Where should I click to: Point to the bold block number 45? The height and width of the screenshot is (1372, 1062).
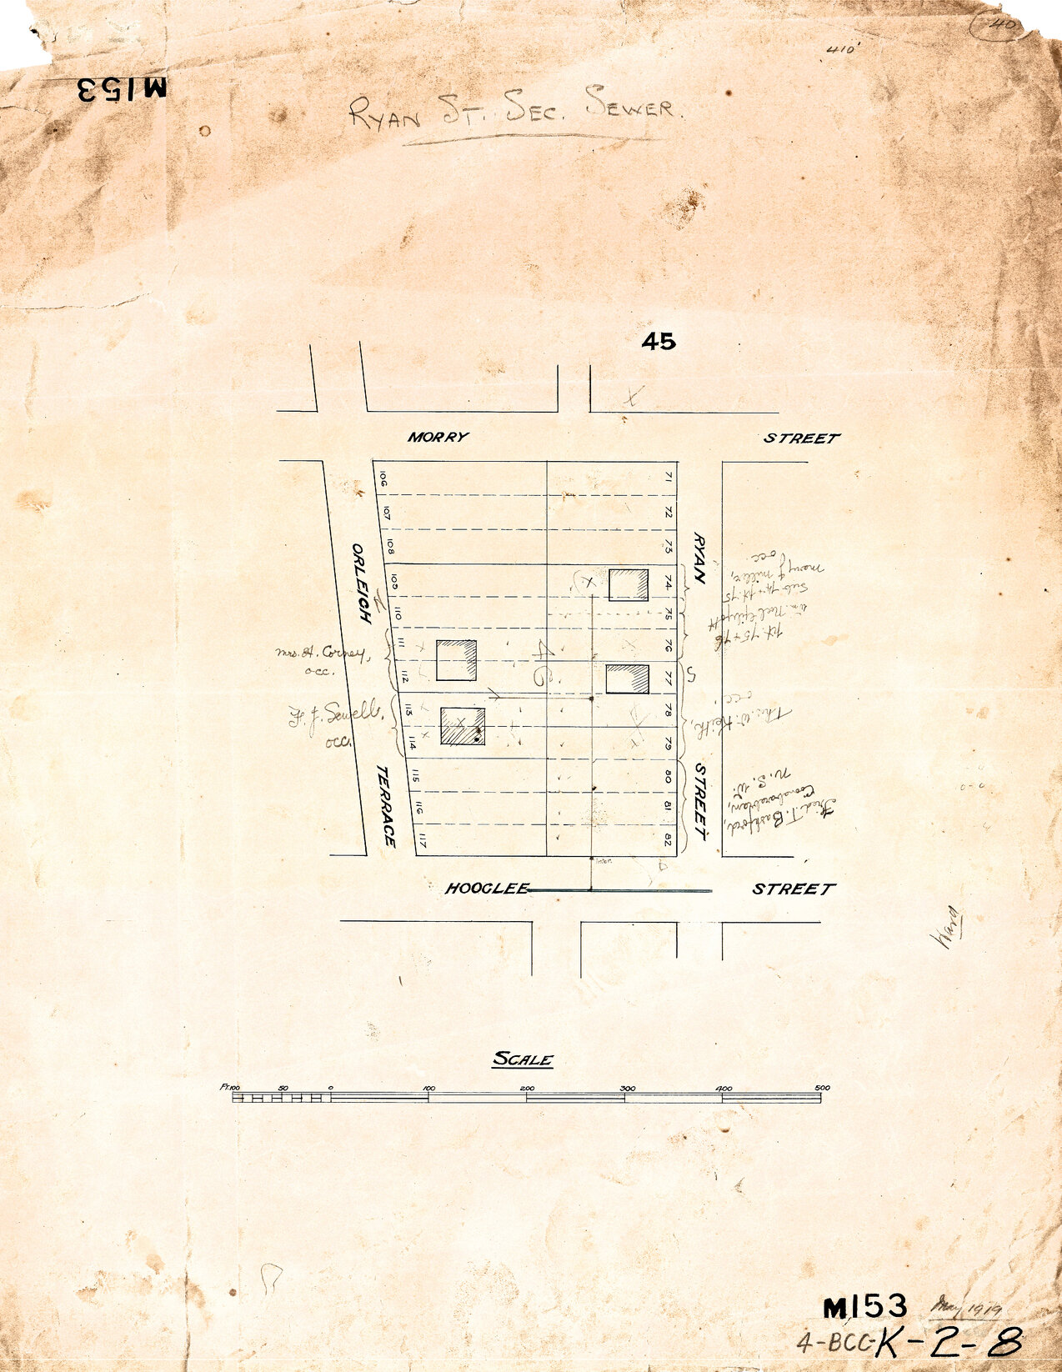click(x=659, y=341)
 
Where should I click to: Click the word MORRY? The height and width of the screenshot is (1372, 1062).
click(x=438, y=437)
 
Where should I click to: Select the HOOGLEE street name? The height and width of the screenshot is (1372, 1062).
click(x=487, y=889)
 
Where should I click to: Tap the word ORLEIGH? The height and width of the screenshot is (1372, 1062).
click(x=361, y=583)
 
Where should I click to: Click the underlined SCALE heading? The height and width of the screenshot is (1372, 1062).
click(x=523, y=1060)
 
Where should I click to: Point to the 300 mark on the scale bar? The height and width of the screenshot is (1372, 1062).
click(x=627, y=1088)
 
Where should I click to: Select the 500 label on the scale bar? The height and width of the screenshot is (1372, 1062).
click(x=821, y=1088)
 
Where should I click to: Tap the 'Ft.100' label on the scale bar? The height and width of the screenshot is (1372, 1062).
click(x=230, y=1087)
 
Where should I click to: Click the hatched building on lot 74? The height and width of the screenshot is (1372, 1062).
click(x=629, y=584)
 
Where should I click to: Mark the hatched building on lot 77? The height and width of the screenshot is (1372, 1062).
click(x=627, y=678)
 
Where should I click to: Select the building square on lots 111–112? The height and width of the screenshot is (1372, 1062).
click(x=457, y=660)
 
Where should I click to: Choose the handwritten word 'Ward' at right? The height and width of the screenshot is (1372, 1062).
click(x=947, y=928)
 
